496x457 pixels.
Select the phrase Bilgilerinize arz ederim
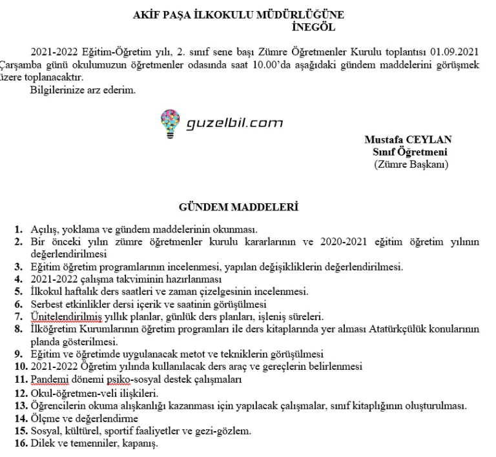click(x=83, y=90)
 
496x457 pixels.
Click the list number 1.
click(x=18, y=229)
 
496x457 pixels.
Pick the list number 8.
click(x=18, y=329)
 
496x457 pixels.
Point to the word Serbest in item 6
click(x=46, y=304)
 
